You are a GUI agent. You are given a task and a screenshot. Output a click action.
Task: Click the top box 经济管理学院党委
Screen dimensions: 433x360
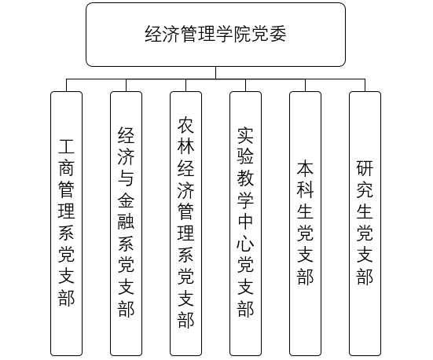click(x=215, y=35)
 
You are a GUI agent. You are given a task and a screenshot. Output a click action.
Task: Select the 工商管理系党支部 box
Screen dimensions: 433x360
click(x=66, y=223)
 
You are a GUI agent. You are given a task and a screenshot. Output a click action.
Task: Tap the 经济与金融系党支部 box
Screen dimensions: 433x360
click(x=126, y=223)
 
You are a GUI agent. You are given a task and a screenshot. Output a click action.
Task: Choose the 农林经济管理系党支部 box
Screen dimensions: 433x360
click(x=185, y=223)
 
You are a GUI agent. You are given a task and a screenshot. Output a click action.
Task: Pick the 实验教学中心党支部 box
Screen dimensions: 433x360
click(x=245, y=223)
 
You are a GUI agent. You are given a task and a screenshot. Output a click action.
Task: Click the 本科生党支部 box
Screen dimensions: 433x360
click(x=305, y=223)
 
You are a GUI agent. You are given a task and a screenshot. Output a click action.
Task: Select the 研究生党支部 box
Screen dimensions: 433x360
click(x=365, y=223)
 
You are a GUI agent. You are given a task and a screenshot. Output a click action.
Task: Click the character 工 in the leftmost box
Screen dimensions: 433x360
click(x=66, y=146)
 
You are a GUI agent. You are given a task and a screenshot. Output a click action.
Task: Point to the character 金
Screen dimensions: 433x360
click(x=126, y=200)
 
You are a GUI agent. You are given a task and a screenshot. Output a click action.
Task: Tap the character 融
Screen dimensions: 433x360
click(x=126, y=222)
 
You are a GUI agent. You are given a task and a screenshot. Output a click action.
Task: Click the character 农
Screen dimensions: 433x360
click(x=185, y=125)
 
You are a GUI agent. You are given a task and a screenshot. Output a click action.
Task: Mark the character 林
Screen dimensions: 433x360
click(x=185, y=146)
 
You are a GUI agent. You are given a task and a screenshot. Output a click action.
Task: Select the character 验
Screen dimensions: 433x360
click(x=245, y=157)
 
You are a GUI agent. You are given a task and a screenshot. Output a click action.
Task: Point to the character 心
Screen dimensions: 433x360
click(x=245, y=243)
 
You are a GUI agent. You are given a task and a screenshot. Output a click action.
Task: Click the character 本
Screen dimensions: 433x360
click(x=305, y=168)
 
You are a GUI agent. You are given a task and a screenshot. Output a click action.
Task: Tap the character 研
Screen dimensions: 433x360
click(x=365, y=168)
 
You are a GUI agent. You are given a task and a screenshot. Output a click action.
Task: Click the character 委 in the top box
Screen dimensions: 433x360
click(x=278, y=35)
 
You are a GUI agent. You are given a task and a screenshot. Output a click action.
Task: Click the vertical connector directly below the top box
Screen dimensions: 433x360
click(x=215, y=73)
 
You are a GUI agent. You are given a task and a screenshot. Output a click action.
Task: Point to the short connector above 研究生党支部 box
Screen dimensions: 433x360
click(x=365, y=86)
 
